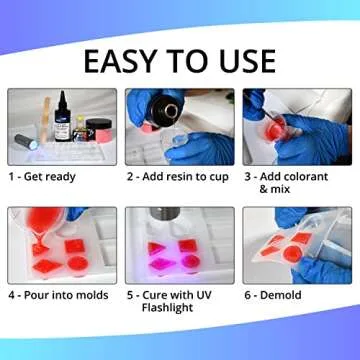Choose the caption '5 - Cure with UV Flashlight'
tap(180, 303)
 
